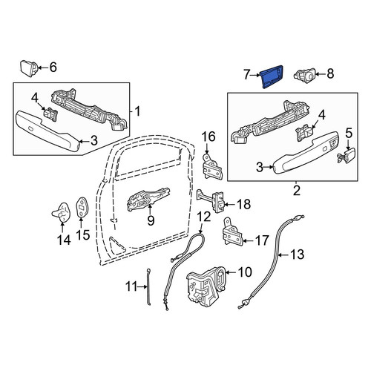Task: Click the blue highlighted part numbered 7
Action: (x=272, y=76)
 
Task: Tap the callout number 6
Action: (x=53, y=68)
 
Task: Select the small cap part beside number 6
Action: (x=28, y=68)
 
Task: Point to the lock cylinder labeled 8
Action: (x=304, y=75)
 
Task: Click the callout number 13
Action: (x=298, y=255)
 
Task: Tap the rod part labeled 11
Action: (x=149, y=286)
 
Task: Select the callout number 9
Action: (x=151, y=220)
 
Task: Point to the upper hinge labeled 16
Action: (x=213, y=167)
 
